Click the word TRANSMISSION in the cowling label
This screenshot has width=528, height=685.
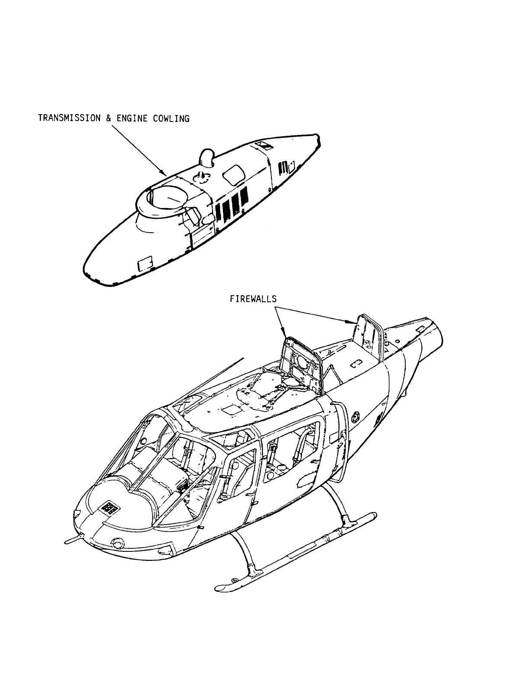click(69, 118)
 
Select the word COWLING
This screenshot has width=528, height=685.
click(171, 118)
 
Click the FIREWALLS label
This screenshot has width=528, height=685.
click(253, 298)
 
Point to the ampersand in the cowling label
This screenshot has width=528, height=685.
click(108, 118)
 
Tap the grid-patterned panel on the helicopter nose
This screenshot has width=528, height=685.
click(109, 508)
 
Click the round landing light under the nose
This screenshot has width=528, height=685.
click(117, 543)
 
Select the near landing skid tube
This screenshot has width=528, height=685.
click(294, 552)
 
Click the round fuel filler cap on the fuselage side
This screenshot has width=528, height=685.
click(356, 417)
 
